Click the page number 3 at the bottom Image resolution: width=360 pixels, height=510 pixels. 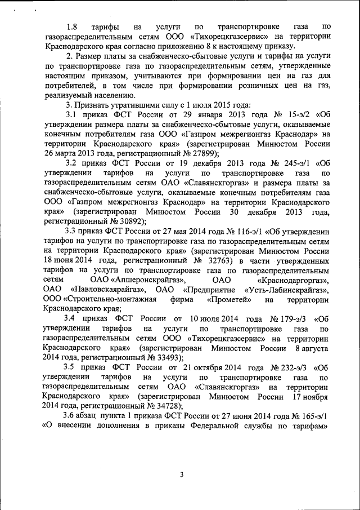[x=181, y=474]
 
